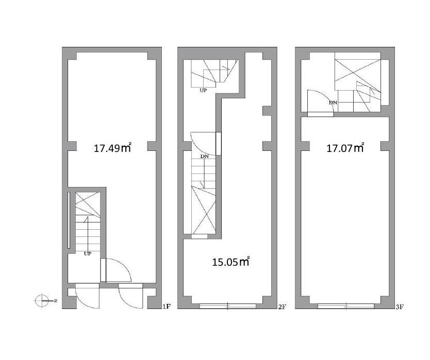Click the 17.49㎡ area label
112,148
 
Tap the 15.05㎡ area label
230,262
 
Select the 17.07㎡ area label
345,148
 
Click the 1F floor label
167,306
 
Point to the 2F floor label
282,307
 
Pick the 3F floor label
400,307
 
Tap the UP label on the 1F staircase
88,254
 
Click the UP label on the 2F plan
203,90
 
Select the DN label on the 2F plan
205,157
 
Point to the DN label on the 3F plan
333,102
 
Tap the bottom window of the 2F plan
227,306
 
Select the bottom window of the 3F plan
346,306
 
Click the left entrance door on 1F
87,296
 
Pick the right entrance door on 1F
131,296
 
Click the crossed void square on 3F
358,71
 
